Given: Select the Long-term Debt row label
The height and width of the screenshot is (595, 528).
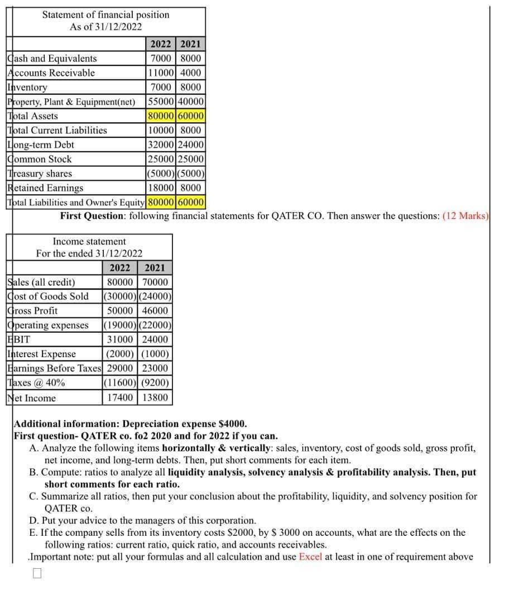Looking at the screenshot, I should [41, 145].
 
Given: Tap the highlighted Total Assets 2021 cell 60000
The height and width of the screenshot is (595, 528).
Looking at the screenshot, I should [191, 116].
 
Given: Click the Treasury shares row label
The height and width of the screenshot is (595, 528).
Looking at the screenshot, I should [40, 174].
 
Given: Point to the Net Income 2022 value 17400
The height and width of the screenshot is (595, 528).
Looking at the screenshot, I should [120, 397].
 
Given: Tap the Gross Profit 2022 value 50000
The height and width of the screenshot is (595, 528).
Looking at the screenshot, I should [120, 311].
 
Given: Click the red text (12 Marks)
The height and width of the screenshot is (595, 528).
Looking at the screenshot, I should [465, 215].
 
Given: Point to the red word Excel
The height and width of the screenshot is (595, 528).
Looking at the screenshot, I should [310, 556].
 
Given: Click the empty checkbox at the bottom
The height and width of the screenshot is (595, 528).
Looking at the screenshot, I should [37, 573].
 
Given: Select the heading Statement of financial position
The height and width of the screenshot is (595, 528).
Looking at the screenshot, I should [105, 15].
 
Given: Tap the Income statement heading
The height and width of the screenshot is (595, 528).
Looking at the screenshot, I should [89, 242].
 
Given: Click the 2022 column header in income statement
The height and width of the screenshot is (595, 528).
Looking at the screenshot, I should [120, 268].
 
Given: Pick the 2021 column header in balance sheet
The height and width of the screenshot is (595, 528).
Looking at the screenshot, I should [191, 44].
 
